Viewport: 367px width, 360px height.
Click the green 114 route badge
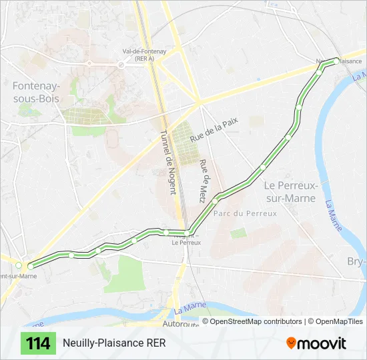pos(39,343)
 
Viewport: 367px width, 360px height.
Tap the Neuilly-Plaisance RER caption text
pos(114,343)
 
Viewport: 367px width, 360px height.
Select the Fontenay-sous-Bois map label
pos(35,92)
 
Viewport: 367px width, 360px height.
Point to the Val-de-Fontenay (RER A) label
pos(135,55)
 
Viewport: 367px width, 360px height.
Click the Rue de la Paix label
pos(214,129)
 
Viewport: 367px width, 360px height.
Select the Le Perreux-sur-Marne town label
pos(290,191)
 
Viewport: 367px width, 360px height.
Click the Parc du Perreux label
pos(245,213)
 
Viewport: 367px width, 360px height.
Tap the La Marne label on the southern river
pos(190,309)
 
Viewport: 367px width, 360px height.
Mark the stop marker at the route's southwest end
pos(31,266)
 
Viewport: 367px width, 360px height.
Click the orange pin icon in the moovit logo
pos(292,343)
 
